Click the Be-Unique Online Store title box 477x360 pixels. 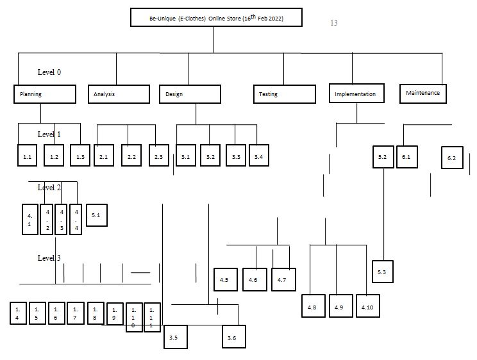click(215, 17)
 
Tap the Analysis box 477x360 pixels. click(118, 94)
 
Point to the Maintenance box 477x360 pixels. click(423, 94)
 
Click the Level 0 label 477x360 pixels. click(49, 72)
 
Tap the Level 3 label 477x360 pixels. click(49, 258)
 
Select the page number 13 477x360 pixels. click(333, 23)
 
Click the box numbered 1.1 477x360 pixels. click(28, 156)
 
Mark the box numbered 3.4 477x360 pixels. click(258, 156)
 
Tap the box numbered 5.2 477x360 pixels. click(382, 156)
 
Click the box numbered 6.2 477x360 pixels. click(451, 158)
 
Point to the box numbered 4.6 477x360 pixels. click(254, 280)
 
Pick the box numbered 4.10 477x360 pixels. click(368, 307)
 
